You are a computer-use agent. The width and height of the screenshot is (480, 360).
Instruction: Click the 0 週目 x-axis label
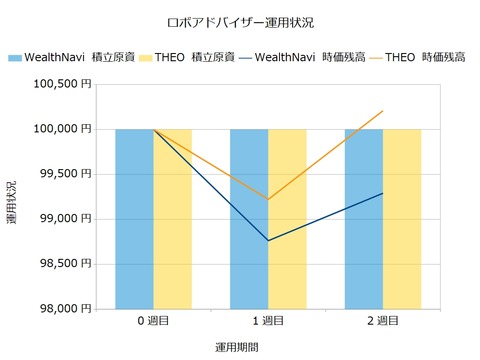tap(153, 321)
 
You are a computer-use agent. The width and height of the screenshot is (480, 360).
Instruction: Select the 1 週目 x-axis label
tap(268, 321)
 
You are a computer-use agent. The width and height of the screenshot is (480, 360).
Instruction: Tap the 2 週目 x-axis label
tap(383, 321)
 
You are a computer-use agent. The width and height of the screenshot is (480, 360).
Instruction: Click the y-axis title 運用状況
tap(12, 200)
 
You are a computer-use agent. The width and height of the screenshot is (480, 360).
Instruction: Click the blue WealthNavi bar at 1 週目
tap(249, 270)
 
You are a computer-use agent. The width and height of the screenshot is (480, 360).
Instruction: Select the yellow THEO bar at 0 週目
tap(172, 220)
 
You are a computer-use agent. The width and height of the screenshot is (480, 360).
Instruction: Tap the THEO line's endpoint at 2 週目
tap(383, 111)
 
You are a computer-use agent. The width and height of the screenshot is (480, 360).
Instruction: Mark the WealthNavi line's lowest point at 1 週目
tap(268, 240)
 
